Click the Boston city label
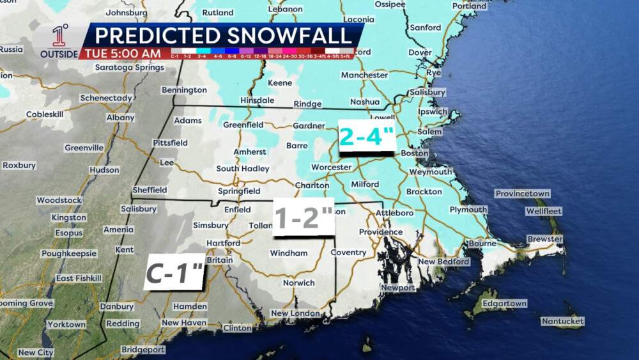[x=414, y=153]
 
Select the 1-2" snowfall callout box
[x=304, y=219]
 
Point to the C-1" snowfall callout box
[x=174, y=272]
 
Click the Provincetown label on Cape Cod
[x=523, y=194]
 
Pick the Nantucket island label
[x=562, y=321]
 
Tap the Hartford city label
[x=223, y=243]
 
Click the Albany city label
[x=121, y=118]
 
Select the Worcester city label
[x=331, y=168]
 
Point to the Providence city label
[x=381, y=232]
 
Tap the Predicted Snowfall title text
[x=223, y=35]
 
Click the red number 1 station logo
[x=59, y=36]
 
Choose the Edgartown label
[x=505, y=303]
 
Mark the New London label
[x=295, y=313]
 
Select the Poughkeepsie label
[x=69, y=253]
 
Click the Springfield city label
[x=239, y=191]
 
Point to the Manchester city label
[x=364, y=75]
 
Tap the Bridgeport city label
[x=143, y=350]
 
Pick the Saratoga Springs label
[x=129, y=67]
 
